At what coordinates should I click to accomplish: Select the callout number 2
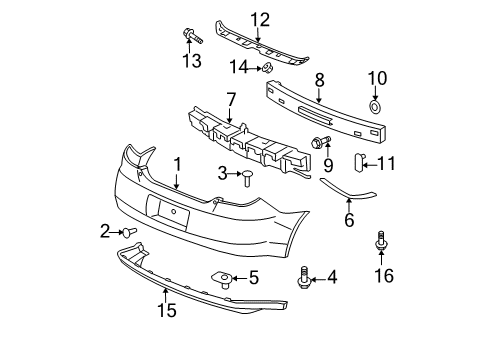[x=104, y=231]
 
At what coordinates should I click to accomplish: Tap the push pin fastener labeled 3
[x=246, y=178]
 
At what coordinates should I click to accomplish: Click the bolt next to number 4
[x=304, y=278]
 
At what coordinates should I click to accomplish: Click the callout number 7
[x=230, y=101]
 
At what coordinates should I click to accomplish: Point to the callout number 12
[x=260, y=19]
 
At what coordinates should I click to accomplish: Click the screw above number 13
[x=191, y=37]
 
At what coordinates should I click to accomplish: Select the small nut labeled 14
[x=268, y=67]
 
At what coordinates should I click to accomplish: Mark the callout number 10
[x=377, y=79]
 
